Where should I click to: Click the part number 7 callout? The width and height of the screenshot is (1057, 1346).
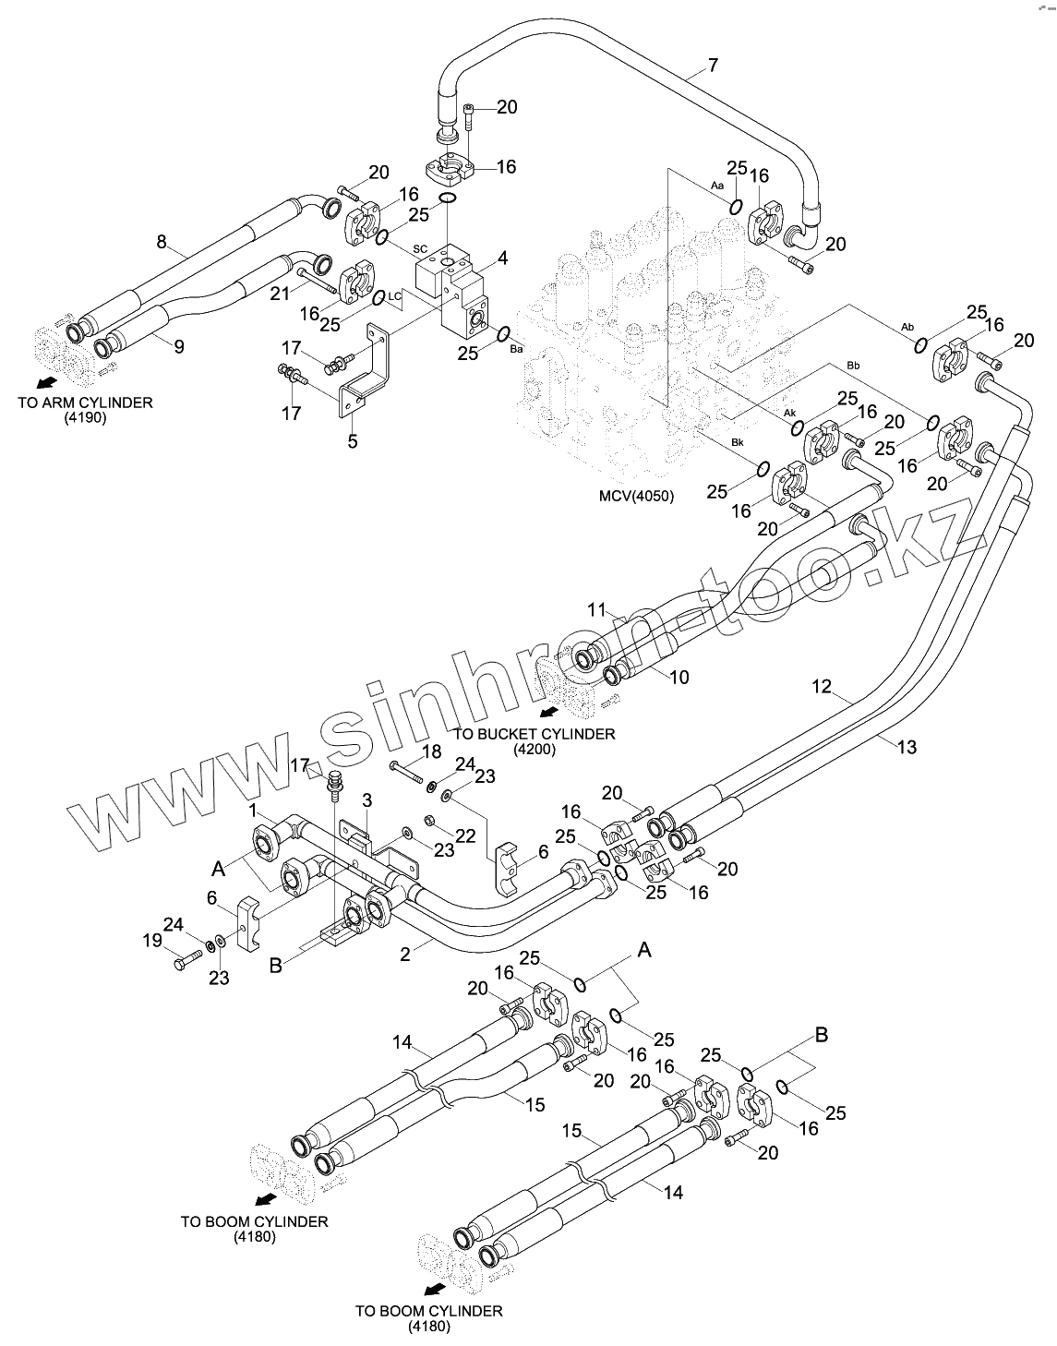click(713, 65)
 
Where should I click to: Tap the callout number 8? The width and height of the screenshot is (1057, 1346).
click(162, 242)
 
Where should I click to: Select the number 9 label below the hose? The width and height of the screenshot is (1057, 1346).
click(179, 346)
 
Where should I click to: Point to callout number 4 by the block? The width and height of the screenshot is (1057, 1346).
click(502, 258)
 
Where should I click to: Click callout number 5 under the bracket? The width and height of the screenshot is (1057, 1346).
click(352, 441)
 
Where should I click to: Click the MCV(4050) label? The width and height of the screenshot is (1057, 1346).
click(636, 496)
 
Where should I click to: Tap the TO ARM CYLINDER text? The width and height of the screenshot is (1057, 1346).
click(85, 403)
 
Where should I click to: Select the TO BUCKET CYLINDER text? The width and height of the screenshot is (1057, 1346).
click(534, 734)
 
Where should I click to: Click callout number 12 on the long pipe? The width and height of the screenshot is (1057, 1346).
click(823, 686)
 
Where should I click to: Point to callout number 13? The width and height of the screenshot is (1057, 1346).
click(907, 747)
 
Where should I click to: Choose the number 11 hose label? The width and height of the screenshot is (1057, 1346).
click(597, 609)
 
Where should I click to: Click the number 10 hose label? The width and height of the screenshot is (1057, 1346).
click(678, 678)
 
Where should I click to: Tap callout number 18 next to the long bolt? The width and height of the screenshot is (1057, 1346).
click(431, 753)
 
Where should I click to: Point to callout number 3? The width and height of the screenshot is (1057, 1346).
click(366, 798)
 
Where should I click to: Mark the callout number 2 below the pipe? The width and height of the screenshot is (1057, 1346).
click(404, 955)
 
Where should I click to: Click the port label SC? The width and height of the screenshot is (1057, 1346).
click(420, 249)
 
